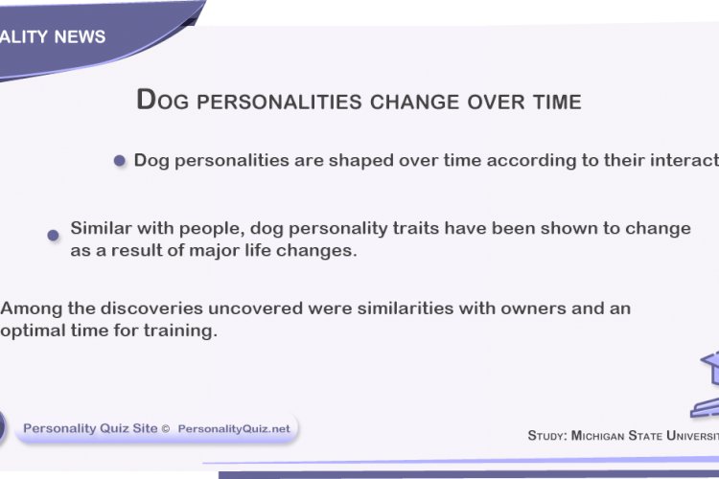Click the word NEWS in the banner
click(81, 37)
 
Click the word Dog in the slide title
click(158, 100)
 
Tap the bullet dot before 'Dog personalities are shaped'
click(120, 161)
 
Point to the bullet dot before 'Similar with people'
click(54, 235)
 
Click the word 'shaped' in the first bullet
click(361, 161)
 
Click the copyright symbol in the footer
click(166, 429)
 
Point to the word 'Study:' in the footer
click(547, 436)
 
